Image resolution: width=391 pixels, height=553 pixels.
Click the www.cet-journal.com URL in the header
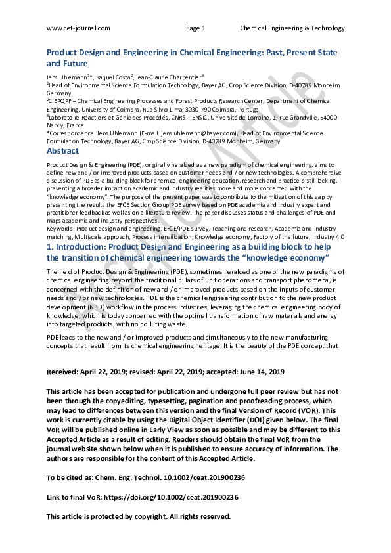coord(78,28)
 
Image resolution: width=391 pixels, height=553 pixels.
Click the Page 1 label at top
coord(196,28)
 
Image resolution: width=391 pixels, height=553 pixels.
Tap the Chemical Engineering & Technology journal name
coord(292,28)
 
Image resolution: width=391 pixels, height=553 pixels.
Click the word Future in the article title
coord(75,64)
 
